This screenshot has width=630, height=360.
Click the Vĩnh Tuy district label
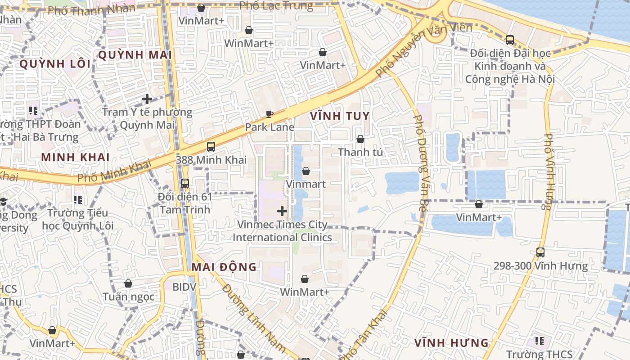click(x=340, y=116)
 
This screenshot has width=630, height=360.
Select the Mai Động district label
click(x=224, y=267)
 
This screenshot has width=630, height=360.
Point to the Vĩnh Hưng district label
click(x=451, y=343)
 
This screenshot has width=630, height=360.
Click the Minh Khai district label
click(x=75, y=157)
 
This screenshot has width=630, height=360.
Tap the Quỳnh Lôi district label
click(x=55, y=64)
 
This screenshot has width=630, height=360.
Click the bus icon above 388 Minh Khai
click(x=211, y=147)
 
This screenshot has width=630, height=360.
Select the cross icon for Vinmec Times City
click(x=282, y=211)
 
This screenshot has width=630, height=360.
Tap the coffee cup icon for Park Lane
click(x=270, y=114)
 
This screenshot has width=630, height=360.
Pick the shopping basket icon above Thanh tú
click(x=360, y=139)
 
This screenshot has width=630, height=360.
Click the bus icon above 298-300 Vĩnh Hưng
click(x=540, y=252)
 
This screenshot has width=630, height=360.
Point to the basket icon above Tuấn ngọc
click(x=128, y=283)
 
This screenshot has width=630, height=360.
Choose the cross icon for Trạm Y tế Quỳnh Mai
click(x=147, y=99)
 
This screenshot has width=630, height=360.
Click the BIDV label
click(x=184, y=287)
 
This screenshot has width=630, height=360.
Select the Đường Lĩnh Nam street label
click(x=253, y=318)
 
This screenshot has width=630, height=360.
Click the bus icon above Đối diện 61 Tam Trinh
click(x=184, y=184)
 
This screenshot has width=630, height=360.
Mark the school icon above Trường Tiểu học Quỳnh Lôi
click(x=77, y=199)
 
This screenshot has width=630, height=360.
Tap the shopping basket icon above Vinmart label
click(x=306, y=171)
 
